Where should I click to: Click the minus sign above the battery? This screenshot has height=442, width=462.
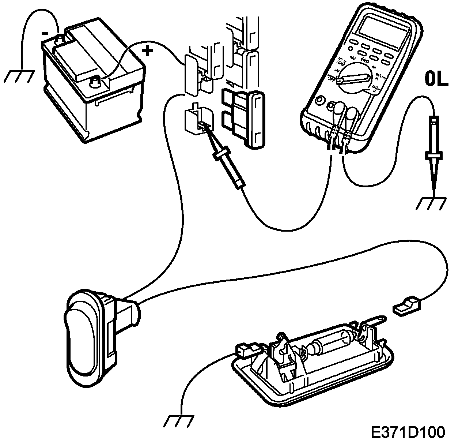(45, 33)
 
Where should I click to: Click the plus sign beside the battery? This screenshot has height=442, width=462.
(147, 51)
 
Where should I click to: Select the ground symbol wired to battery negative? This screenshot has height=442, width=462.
(20, 75)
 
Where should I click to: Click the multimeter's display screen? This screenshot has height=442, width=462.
(383, 29)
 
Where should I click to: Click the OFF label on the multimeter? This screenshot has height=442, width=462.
(332, 79)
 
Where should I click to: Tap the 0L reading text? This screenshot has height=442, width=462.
(436, 80)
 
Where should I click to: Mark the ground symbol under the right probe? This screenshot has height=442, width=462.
(432, 203)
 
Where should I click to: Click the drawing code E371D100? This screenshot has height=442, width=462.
(408, 432)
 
